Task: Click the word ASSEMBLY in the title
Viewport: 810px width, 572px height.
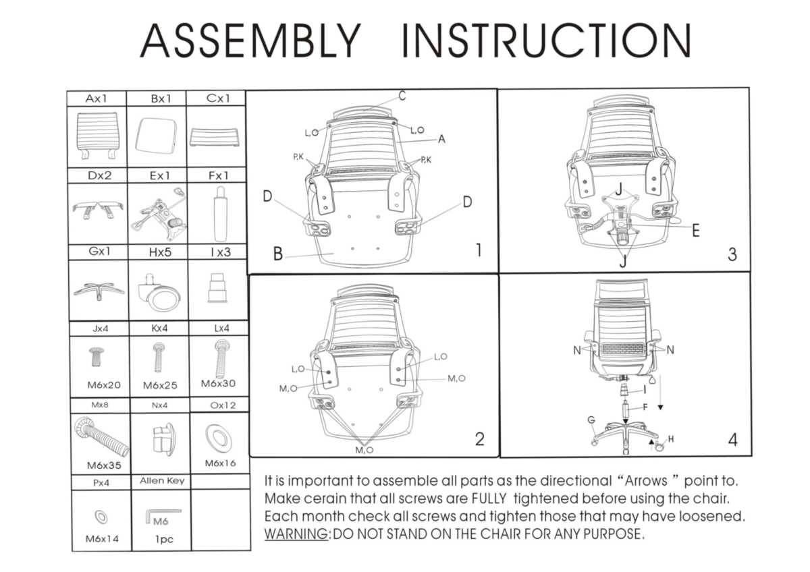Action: [x=250, y=40]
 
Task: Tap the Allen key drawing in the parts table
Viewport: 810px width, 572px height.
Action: [x=163, y=515]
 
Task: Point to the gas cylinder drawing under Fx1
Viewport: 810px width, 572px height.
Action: [x=220, y=214]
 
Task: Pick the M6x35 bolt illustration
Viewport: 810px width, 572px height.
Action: [x=101, y=436]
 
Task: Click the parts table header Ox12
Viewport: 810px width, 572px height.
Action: [x=223, y=405]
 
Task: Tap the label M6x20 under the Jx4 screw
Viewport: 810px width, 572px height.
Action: [x=104, y=385]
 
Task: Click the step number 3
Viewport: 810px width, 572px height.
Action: [x=732, y=255]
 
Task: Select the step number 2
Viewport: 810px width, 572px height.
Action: [x=479, y=439]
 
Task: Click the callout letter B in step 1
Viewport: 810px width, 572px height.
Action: [x=277, y=254]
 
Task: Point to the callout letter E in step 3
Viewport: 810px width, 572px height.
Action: [x=696, y=231]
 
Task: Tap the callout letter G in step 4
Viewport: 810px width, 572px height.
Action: [x=591, y=420]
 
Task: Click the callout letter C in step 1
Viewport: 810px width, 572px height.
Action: [x=402, y=96]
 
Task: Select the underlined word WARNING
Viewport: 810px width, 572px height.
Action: [x=296, y=534]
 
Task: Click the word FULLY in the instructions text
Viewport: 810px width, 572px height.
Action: [x=489, y=498]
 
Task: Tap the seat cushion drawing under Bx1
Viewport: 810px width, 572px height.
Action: [x=156, y=136]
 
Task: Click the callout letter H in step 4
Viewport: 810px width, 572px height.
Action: [x=671, y=439]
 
